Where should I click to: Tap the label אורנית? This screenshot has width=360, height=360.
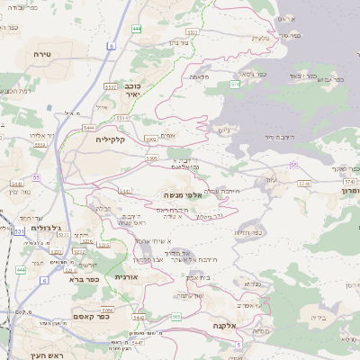pos(126,276)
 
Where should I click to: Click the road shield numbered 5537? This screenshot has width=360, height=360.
pos(112,85)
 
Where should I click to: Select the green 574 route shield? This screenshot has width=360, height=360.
pos(235,84)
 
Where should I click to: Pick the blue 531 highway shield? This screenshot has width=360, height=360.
pos(19,231)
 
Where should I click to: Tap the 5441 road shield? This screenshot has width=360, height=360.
pos(126,191)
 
